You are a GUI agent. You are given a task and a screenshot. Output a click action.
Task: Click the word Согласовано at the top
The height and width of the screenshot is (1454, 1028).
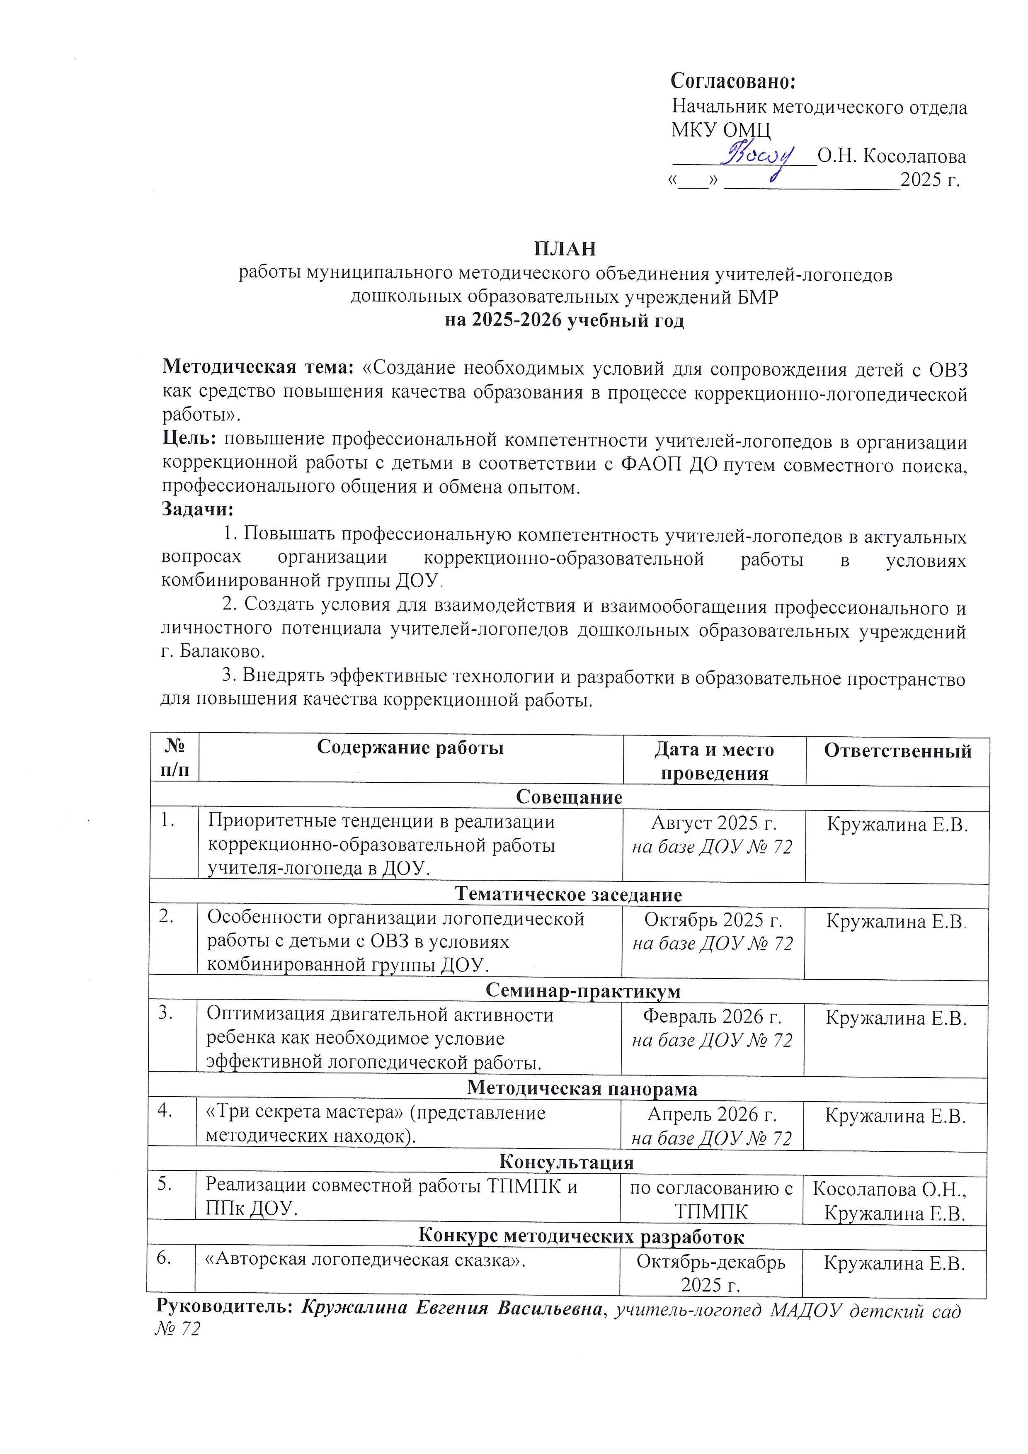click(x=732, y=81)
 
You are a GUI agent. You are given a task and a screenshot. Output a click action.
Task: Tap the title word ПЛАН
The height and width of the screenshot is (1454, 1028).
click(x=565, y=249)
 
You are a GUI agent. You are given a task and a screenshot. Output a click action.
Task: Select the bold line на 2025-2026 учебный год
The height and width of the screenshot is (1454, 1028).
click(x=565, y=320)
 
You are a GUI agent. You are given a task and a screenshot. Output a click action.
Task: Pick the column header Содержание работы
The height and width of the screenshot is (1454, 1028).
click(x=410, y=748)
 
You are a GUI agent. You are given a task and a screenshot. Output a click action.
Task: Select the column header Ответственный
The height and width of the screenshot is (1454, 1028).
click(x=897, y=751)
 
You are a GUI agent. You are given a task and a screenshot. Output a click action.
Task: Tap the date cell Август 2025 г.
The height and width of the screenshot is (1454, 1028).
click(x=713, y=823)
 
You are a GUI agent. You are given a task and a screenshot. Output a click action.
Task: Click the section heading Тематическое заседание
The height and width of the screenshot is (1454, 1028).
click(x=568, y=894)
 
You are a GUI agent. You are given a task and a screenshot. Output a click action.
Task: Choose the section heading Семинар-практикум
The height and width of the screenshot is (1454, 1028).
click(x=583, y=990)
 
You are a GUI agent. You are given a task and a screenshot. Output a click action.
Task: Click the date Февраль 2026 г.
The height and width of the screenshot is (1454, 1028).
click(x=712, y=1017)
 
